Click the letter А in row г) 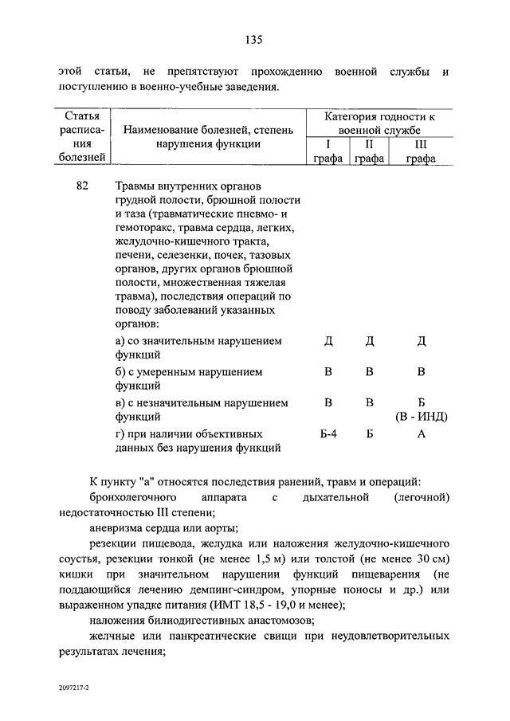(x=422, y=434)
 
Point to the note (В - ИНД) (x=422, y=417)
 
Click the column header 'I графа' (x=328, y=151)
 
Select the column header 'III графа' (x=420, y=151)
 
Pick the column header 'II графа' (x=369, y=151)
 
